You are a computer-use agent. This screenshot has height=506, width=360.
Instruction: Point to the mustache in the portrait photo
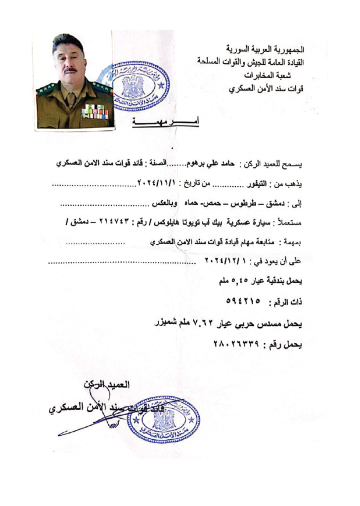click(x=69, y=70)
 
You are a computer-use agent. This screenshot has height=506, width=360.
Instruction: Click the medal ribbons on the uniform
click(x=94, y=111)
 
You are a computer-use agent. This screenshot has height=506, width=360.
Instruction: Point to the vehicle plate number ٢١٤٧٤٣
click(x=155, y=222)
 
